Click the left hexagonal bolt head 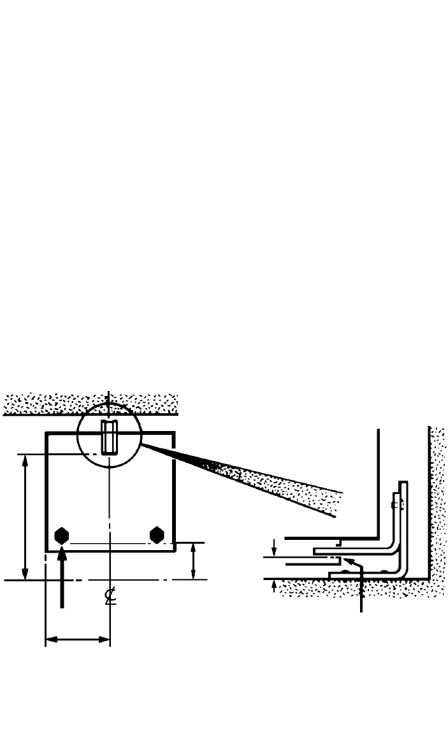(61, 535)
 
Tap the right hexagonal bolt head (157, 535)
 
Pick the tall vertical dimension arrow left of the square (25, 516)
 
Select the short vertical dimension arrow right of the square (193, 561)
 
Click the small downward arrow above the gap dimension (274, 546)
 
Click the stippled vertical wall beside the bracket (438, 497)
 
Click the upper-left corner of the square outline (46, 434)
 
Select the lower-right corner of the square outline (175, 551)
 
